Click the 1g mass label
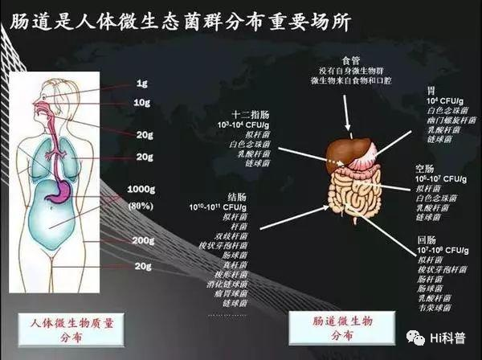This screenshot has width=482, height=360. [142, 84]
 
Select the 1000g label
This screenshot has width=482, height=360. [142, 190]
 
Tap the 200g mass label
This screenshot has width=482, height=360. [143, 240]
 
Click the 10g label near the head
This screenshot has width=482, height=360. [142, 102]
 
